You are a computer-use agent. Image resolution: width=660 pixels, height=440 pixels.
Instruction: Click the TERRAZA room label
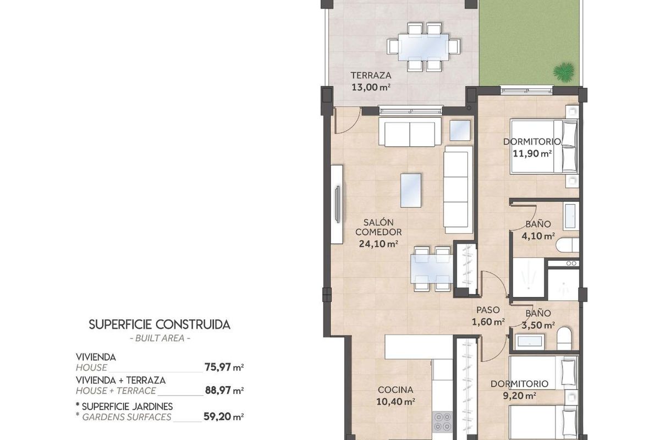pos(371,75)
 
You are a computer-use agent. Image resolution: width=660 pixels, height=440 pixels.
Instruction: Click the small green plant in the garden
pos(563,71)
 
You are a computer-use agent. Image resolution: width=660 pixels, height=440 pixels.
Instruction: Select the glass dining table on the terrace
pos(424,47)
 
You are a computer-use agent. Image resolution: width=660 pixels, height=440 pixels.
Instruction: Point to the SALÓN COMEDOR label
pos(378,227)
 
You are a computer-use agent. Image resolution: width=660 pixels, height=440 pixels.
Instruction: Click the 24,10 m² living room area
pos(378,244)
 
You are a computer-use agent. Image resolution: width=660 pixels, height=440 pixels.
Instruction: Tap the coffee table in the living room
pos(411,190)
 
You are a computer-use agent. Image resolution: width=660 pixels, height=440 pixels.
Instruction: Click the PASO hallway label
pos(488,310)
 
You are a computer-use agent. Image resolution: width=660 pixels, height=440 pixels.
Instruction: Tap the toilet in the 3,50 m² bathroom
pos(564,338)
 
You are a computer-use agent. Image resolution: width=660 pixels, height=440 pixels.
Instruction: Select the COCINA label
pos(395,390)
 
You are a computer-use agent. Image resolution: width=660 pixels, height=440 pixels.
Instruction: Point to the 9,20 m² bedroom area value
pos(519,395)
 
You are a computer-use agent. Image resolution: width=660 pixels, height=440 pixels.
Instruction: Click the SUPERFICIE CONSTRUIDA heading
pos(159,324)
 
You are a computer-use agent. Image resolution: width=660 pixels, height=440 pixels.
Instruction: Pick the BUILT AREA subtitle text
pos(159,338)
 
